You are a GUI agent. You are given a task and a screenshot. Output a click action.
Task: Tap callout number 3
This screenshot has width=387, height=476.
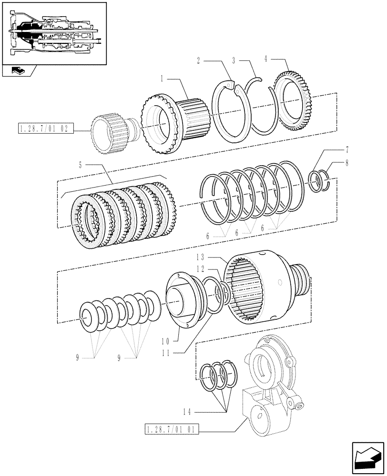point(234,61)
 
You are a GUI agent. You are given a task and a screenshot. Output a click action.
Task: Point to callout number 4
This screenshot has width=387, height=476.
point(265,59)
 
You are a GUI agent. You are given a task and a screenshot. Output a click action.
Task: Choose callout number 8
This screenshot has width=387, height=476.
point(346,162)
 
